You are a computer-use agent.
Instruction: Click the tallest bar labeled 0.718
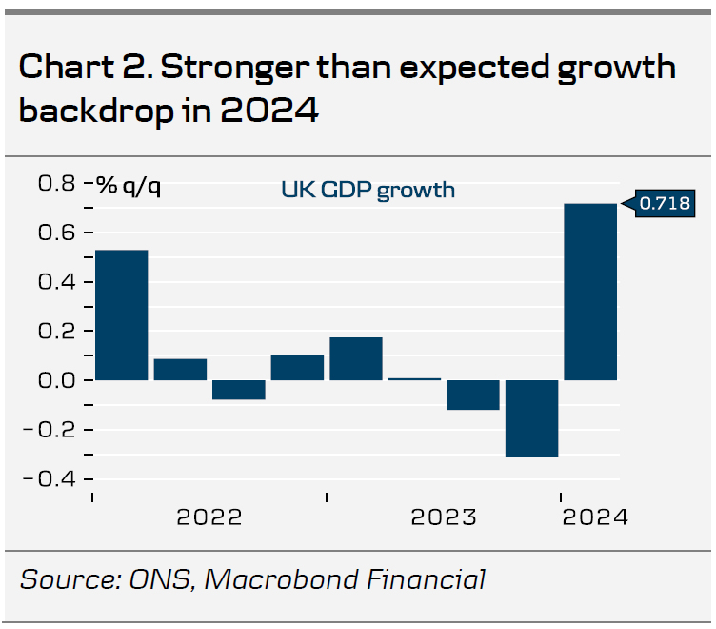coord(590,292)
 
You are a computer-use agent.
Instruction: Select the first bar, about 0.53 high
coord(121,314)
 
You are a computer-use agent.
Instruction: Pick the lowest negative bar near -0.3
coord(531,418)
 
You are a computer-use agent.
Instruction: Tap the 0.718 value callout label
coord(663,203)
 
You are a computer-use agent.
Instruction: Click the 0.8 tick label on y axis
coord(56,183)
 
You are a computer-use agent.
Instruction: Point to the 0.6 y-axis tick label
coord(56,233)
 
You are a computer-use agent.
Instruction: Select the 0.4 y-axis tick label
coord(56,282)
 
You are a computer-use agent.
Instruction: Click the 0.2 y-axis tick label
coord(56,331)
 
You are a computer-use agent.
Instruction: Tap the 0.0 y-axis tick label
coord(56,380)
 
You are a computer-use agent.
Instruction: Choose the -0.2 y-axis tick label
coord(52,429)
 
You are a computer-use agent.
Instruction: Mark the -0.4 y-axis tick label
coord(52,478)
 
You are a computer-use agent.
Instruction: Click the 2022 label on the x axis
coord(209,517)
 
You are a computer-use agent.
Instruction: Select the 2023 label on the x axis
coord(444,517)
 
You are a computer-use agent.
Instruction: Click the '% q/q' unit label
coord(128,185)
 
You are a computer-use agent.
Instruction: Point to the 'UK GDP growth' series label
coord(368,190)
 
